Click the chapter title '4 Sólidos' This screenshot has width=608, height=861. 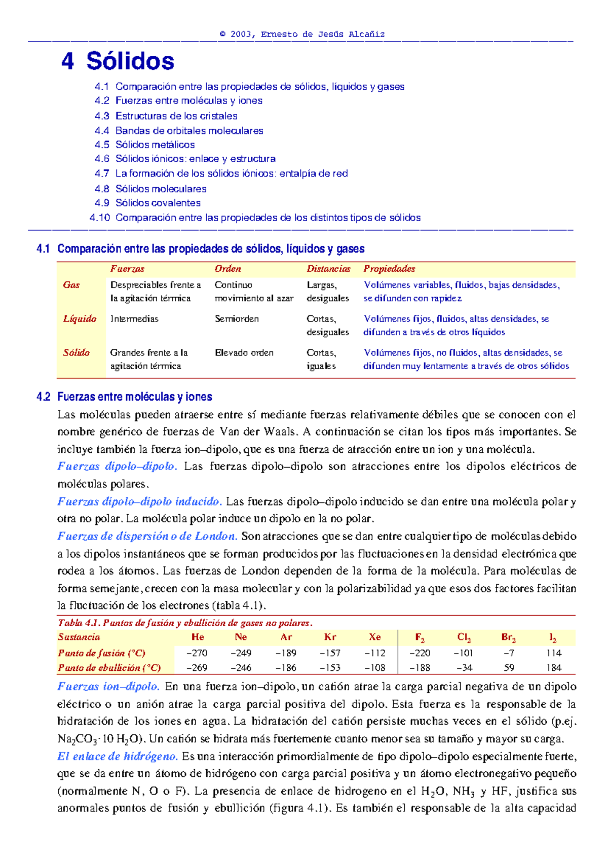pyautogui.click(x=118, y=61)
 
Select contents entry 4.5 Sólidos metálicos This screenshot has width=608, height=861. pyautogui.click(x=144, y=145)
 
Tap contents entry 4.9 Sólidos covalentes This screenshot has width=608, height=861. pyautogui.click(x=147, y=203)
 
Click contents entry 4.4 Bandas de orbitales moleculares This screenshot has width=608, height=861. pyautogui.click(x=179, y=130)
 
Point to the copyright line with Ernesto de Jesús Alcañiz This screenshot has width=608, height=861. pyautogui.click(x=302, y=34)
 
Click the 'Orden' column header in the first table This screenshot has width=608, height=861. pyautogui.click(x=227, y=269)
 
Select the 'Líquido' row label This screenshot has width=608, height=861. pyautogui.click(x=80, y=318)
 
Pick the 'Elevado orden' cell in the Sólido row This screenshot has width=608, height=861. pyautogui.click(x=244, y=352)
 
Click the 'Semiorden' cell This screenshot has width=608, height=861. pyautogui.click(x=237, y=318)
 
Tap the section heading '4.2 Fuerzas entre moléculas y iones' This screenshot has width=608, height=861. pyautogui.click(x=124, y=397)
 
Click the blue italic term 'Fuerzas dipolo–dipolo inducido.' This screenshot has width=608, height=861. pyautogui.click(x=139, y=501)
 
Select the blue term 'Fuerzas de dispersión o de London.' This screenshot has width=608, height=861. pyautogui.click(x=147, y=536)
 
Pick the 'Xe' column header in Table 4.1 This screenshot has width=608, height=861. pyautogui.click(x=375, y=637)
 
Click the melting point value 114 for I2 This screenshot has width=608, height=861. pyautogui.click(x=553, y=653)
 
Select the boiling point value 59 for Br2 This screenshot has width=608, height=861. pyautogui.click(x=509, y=668)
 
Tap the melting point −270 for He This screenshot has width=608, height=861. pyautogui.click(x=197, y=653)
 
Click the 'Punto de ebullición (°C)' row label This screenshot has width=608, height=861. pyautogui.click(x=109, y=668)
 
